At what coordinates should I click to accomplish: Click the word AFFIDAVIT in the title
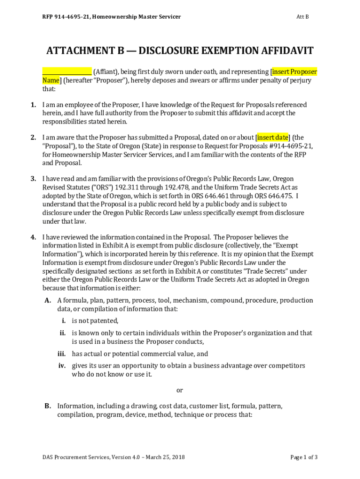pos(283,51)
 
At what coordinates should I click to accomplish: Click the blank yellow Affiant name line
pos(67,72)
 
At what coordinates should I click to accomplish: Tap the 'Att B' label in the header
pos(302,17)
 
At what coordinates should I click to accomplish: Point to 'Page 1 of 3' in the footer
pos(304,457)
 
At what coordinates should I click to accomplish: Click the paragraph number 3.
pos(34,179)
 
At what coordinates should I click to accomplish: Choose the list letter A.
pos(48,300)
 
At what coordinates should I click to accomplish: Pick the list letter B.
pos(48,406)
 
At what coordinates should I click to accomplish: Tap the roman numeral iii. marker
pos(61,354)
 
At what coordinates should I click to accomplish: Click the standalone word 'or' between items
pos(180,390)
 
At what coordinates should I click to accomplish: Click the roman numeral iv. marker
pos(61,365)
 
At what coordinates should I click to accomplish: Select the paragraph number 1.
pos(34,105)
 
